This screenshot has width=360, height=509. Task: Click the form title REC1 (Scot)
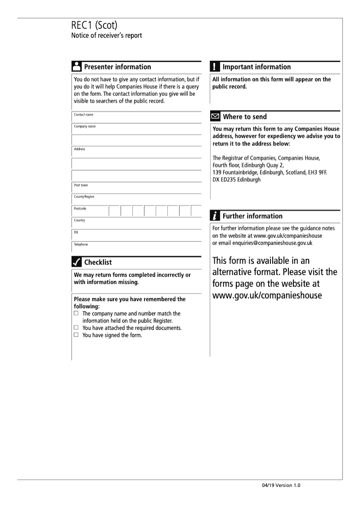click(x=94, y=26)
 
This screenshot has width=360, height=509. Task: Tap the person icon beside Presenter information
click(x=76, y=67)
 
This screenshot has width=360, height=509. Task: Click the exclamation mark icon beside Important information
click(x=215, y=67)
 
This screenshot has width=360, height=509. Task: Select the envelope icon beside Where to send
click(x=216, y=117)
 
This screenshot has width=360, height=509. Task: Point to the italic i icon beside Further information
click(x=216, y=216)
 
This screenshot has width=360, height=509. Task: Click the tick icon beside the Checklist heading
click(x=76, y=262)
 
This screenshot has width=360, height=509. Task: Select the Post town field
click(x=136, y=188)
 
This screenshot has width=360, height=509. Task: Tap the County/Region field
click(x=136, y=199)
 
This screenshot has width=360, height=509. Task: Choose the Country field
click(x=136, y=223)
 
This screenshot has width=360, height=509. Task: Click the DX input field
click(x=136, y=234)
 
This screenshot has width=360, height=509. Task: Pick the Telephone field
click(x=136, y=247)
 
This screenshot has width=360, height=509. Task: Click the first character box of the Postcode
click(x=114, y=211)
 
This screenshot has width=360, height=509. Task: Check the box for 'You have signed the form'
click(x=76, y=335)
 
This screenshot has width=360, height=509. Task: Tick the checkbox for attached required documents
click(x=76, y=328)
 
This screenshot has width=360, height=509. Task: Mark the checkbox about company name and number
click(x=76, y=313)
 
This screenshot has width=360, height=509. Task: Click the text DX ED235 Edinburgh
click(x=236, y=180)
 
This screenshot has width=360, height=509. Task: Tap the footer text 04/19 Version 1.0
click(x=281, y=486)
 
